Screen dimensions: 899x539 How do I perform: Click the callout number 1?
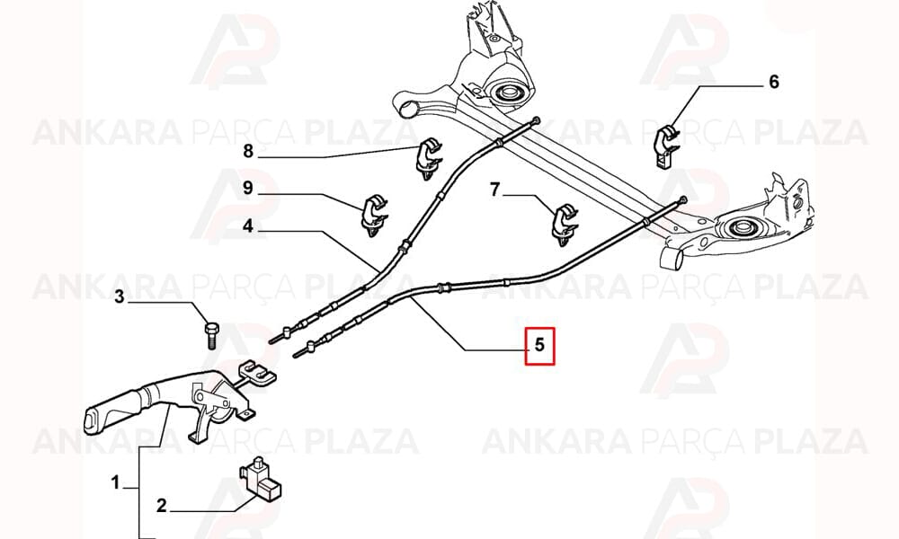[x=115, y=482]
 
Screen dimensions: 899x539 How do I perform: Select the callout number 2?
[x=161, y=505]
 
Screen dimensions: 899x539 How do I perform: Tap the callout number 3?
[x=120, y=296]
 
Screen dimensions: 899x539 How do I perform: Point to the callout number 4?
[x=248, y=226]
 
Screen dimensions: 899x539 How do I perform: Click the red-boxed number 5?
[x=539, y=345]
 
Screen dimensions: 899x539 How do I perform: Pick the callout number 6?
[x=774, y=82]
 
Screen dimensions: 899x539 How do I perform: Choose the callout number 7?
[x=495, y=189]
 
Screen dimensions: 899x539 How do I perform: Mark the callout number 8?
[x=248, y=151]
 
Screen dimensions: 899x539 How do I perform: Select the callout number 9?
[x=248, y=188]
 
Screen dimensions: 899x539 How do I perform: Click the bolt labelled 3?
[x=209, y=335]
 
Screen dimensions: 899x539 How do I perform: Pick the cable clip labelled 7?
[x=564, y=224]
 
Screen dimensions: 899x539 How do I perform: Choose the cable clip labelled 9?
[x=374, y=215]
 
